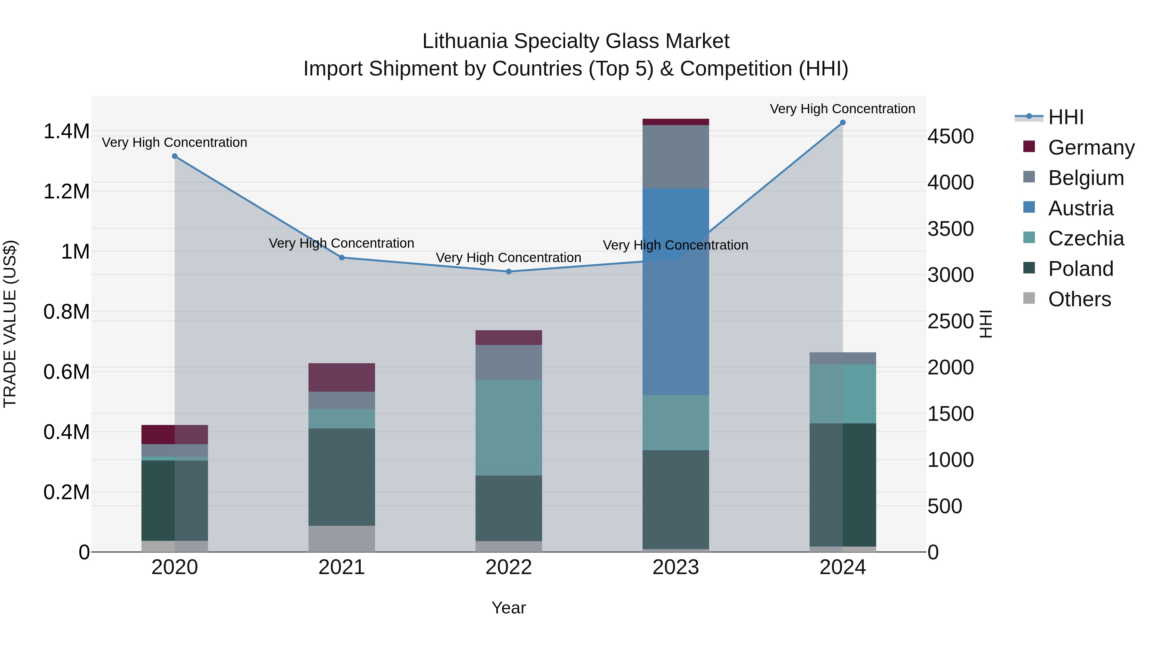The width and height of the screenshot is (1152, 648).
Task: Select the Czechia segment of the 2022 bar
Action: tap(508, 427)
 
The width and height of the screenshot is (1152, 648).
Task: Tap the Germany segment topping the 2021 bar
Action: tap(342, 377)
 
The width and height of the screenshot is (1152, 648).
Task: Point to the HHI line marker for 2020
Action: tap(175, 156)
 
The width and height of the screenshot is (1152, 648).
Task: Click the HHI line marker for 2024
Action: tap(843, 123)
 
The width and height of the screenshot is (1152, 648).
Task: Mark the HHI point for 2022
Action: tap(508, 271)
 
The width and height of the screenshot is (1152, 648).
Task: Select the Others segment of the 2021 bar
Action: tap(342, 539)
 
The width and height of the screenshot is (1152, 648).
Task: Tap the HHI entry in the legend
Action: tap(1065, 117)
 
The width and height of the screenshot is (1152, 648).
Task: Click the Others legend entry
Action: tap(1079, 299)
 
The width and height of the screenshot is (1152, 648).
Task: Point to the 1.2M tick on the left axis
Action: tap(66, 191)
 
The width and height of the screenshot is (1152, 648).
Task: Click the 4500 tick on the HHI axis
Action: tap(950, 136)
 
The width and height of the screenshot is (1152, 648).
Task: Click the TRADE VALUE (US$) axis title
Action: tap(10, 324)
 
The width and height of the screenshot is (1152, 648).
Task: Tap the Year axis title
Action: tap(508, 608)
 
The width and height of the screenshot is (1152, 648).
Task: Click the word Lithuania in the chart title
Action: tap(465, 41)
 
